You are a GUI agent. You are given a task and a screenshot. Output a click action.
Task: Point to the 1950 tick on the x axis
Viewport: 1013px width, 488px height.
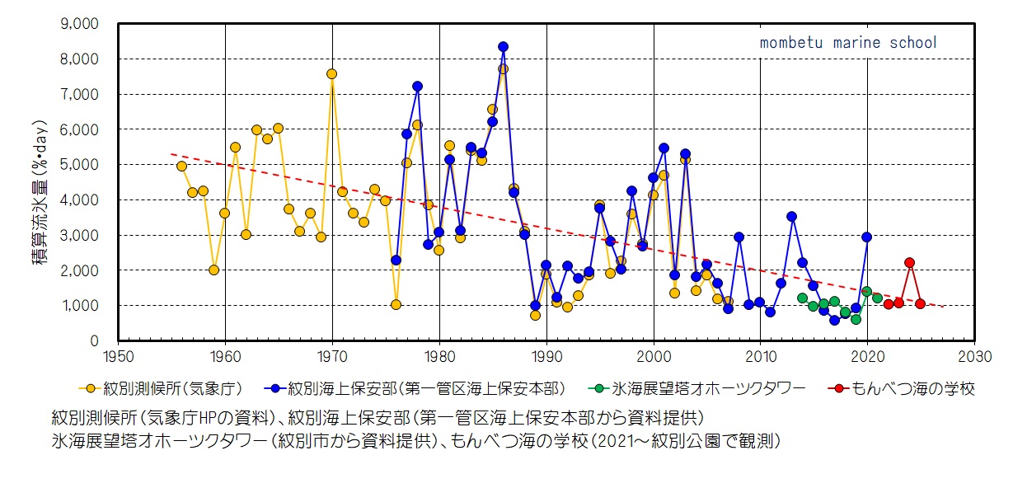[118, 358]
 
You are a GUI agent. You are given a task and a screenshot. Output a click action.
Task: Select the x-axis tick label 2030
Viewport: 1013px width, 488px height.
[974, 358]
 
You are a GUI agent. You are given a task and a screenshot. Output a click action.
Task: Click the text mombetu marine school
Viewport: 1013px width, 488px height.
[848, 43]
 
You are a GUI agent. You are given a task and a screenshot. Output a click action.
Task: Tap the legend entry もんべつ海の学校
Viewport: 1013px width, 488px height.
[902, 388]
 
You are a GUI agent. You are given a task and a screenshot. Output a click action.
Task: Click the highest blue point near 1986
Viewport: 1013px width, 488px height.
[503, 47]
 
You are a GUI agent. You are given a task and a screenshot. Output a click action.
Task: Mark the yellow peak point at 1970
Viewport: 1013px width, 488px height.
[331, 73]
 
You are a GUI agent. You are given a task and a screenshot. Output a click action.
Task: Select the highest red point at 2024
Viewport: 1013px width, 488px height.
[909, 262]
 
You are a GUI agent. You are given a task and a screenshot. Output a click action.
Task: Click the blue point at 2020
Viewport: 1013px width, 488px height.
[866, 237]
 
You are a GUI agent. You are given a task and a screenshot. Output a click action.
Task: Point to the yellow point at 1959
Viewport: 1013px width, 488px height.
[213, 270]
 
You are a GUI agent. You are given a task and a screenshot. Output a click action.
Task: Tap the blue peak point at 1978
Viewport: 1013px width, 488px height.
[417, 86]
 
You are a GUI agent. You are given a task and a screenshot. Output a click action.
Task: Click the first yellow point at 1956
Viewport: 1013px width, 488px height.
[181, 166]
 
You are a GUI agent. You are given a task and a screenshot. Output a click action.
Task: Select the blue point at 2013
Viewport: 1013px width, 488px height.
[791, 216]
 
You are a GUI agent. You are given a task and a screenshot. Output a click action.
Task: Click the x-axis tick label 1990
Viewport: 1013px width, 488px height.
[546, 358]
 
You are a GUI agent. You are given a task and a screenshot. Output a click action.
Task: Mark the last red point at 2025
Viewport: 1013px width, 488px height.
[920, 304]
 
